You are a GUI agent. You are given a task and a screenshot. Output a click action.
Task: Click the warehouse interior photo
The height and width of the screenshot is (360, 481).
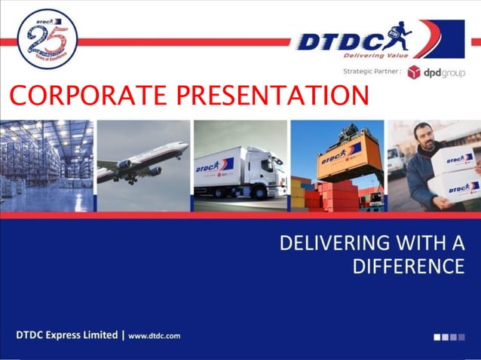pos(47,165)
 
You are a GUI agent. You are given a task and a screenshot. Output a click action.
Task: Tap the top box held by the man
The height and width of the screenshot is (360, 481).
pos(457,159)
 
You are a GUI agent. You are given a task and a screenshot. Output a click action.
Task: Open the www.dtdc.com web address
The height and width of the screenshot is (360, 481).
pos(154,335)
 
